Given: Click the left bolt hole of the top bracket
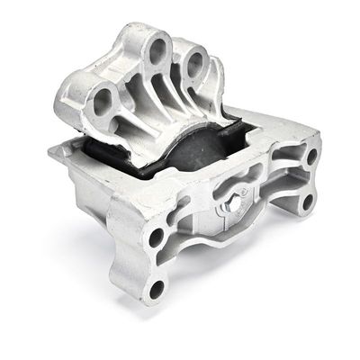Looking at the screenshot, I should (102, 98).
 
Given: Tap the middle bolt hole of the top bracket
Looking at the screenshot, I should (156, 49).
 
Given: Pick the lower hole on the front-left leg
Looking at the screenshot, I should (157, 289).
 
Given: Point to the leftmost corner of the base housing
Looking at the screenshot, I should (52, 151).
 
